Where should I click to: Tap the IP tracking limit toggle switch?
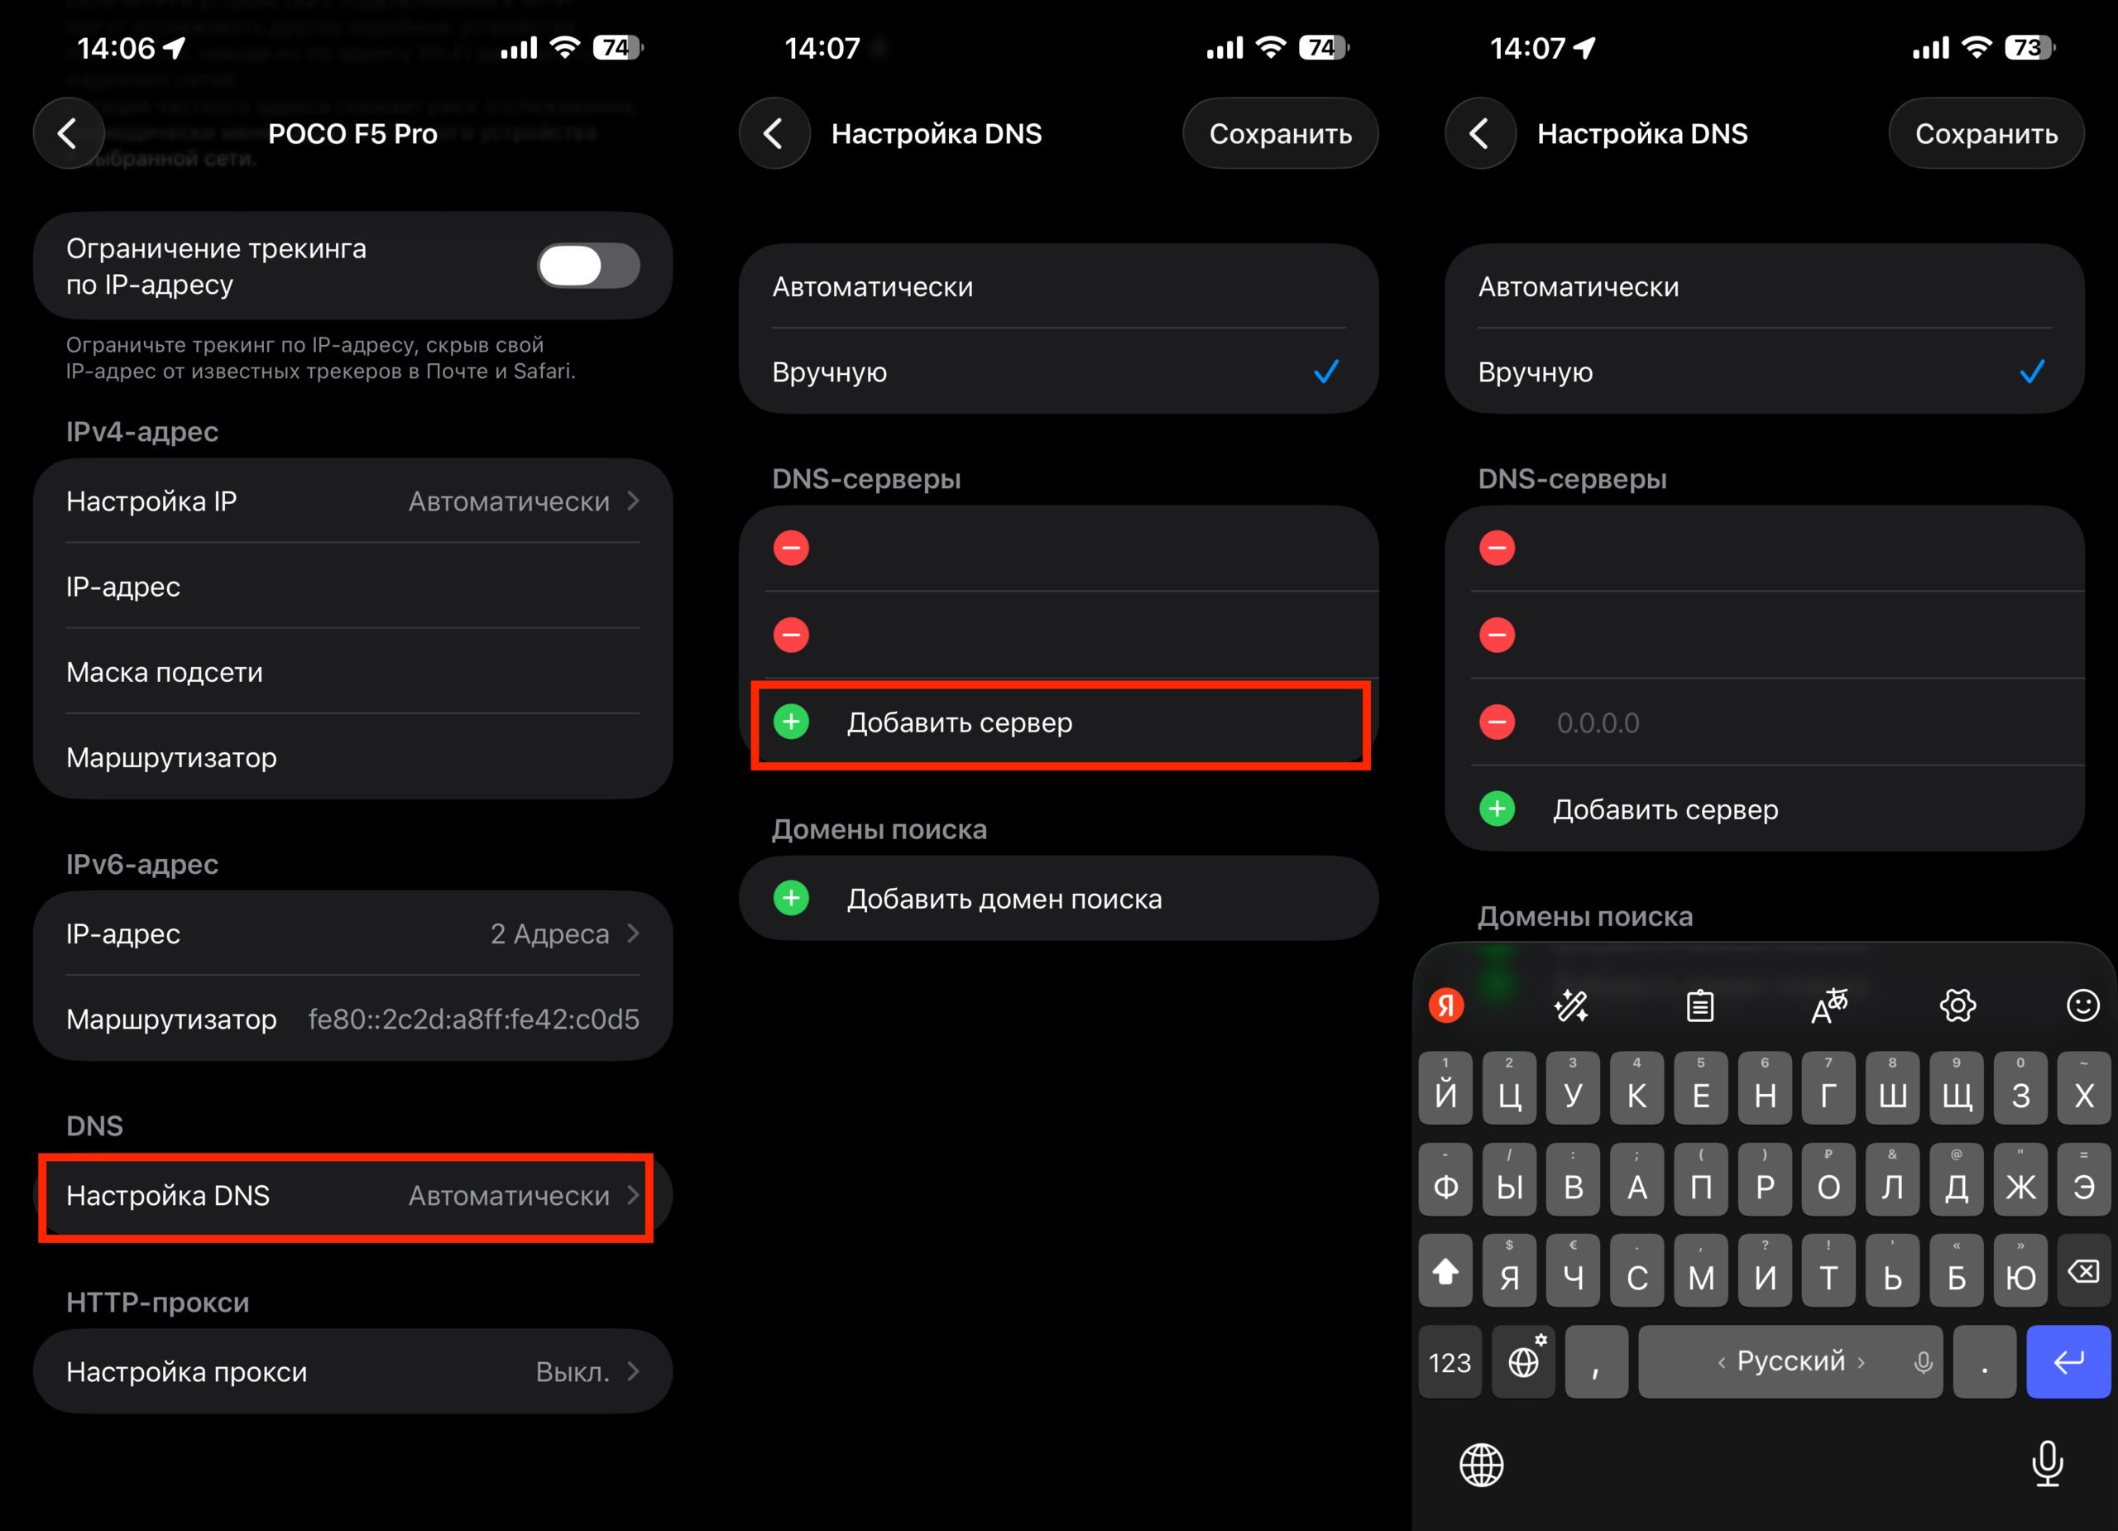pyautogui.click(x=587, y=266)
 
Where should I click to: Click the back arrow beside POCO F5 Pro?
pyautogui.click(x=68, y=133)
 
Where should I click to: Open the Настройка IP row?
pyautogui.click(x=352, y=502)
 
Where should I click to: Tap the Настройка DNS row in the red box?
pyautogui.click(x=346, y=1196)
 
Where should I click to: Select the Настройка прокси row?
pyautogui.click(x=352, y=1371)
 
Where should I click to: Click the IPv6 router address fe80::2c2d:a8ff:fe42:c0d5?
pyautogui.click(x=473, y=1019)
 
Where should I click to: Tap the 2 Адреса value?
pyautogui.click(x=550, y=934)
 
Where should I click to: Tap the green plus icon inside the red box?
pyautogui.click(x=791, y=722)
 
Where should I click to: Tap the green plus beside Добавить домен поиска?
pyautogui.click(x=791, y=899)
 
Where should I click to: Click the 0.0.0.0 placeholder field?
pyautogui.click(x=1598, y=723)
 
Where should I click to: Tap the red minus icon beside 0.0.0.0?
pyautogui.click(x=1497, y=722)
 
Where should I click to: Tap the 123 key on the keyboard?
pyautogui.click(x=1450, y=1363)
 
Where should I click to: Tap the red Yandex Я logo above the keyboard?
pyautogui.click(x=1446, y=1006)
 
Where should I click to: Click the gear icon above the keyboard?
pyautogui.click(x=1957, y=1006)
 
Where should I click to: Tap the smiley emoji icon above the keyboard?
pyautogui.click(x=2082, y=1006)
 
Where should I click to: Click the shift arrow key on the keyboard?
pyautogui.click(x=1445, y=1272)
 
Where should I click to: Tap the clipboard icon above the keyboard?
pyautogui.click(x=1699, y=1006)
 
